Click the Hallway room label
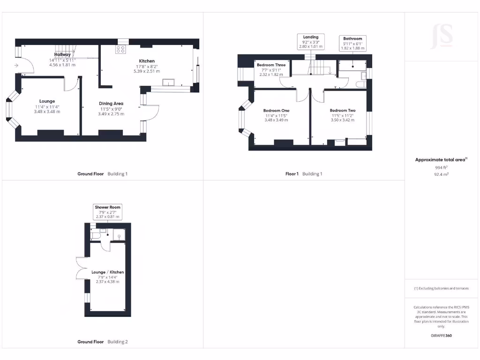(x=62, y=55)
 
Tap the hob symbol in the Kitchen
(x=120, y=50)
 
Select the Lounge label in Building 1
(x=47, y=101)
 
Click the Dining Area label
(x=111, y=104)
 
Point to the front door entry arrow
(x=17, y=66)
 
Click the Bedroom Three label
(x=271, y=65)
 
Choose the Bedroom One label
(x=276, y=111)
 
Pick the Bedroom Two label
(x=342, y=111)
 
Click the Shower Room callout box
(x=107, y=211)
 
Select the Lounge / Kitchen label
(x=107, y=272)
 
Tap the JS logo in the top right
(x=441, y=36)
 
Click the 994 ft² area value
(x=441, y=167)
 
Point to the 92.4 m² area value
(x=441, y=174)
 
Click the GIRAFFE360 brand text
(x=441, y=336)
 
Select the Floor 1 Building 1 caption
(x=304, y=174)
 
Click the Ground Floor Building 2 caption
(x=102, y=342)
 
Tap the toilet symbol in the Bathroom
(x=360, y=84)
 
